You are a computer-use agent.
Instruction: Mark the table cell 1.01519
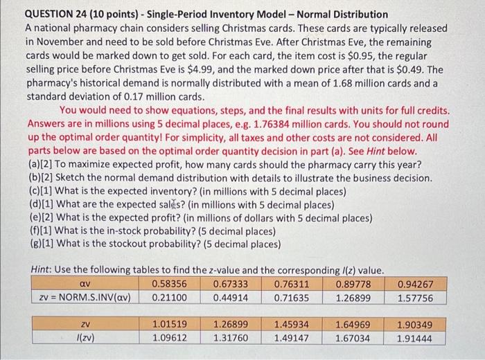[x=169, y=324]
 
